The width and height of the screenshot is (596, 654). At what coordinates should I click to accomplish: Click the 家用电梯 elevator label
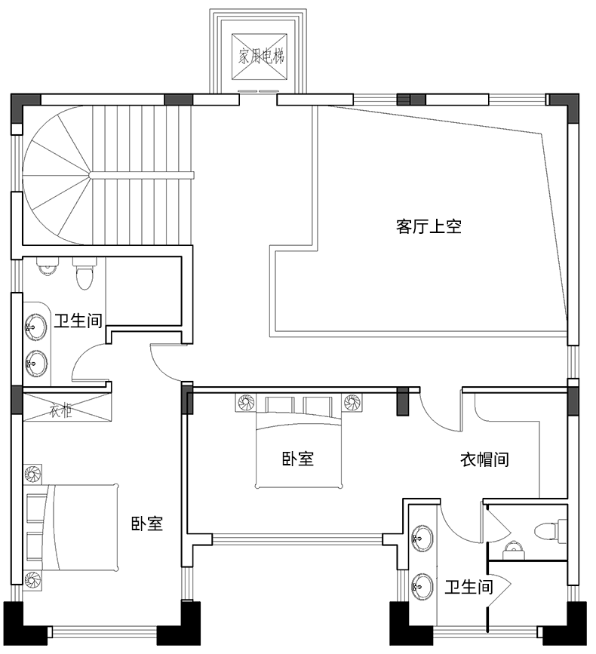click(x=261, y=56)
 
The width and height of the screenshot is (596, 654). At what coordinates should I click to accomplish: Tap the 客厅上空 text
click(x=429, y=226)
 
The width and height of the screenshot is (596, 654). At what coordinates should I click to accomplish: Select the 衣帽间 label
click(x=484, y=459)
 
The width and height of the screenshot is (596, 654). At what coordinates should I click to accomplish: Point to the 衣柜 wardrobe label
click(x=61, y=411)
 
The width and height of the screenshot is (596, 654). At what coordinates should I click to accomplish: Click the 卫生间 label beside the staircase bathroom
click(x=78, y=321)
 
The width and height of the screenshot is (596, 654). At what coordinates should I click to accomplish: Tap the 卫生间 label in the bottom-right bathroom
click(x=469, y=587)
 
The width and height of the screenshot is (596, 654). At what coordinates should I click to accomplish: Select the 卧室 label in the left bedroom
click(x=147, y=524)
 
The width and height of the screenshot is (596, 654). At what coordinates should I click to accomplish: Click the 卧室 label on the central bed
click(x=298, y=459)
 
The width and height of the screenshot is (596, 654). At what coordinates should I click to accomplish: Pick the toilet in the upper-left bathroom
click(x=84, y=274)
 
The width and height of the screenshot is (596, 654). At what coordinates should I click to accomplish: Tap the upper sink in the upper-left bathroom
click(x=36, y=326)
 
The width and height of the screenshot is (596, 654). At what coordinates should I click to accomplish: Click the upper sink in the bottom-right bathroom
click(x=422, y=538)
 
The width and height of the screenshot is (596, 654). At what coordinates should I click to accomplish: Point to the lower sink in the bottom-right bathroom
click(x=422, y=585)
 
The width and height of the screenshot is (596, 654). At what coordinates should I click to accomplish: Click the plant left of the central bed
click(x=246, y=403)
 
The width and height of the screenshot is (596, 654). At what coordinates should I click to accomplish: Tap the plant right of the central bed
click(x=352, y=403)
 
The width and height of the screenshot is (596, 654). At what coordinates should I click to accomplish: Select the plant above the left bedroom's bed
click(x=32, y=474)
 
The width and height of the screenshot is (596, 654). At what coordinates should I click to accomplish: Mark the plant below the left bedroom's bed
click(x=32, y=580)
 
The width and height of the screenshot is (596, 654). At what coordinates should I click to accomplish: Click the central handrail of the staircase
click(x=141, y=175)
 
